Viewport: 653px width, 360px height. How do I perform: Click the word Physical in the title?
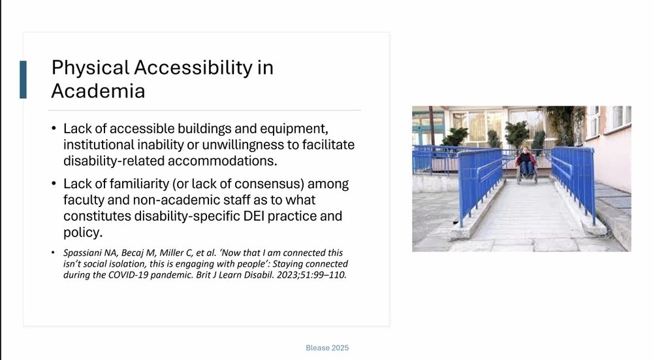point(90,67)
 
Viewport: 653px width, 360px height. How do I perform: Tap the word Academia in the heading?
point(99,91)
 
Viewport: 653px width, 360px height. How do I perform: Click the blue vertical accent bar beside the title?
point(23,80)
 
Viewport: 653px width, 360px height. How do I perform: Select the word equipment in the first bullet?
point(294,128)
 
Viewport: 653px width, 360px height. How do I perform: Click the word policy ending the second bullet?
point(83,232)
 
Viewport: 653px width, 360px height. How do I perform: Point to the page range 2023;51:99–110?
point(311,275)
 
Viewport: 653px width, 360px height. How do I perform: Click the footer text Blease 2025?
point(327,348)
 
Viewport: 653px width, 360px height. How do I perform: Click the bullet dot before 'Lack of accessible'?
point(54,128)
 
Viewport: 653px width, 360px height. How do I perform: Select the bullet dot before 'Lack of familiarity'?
point(54,184)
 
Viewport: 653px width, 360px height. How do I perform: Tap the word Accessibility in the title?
point(193,67)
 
